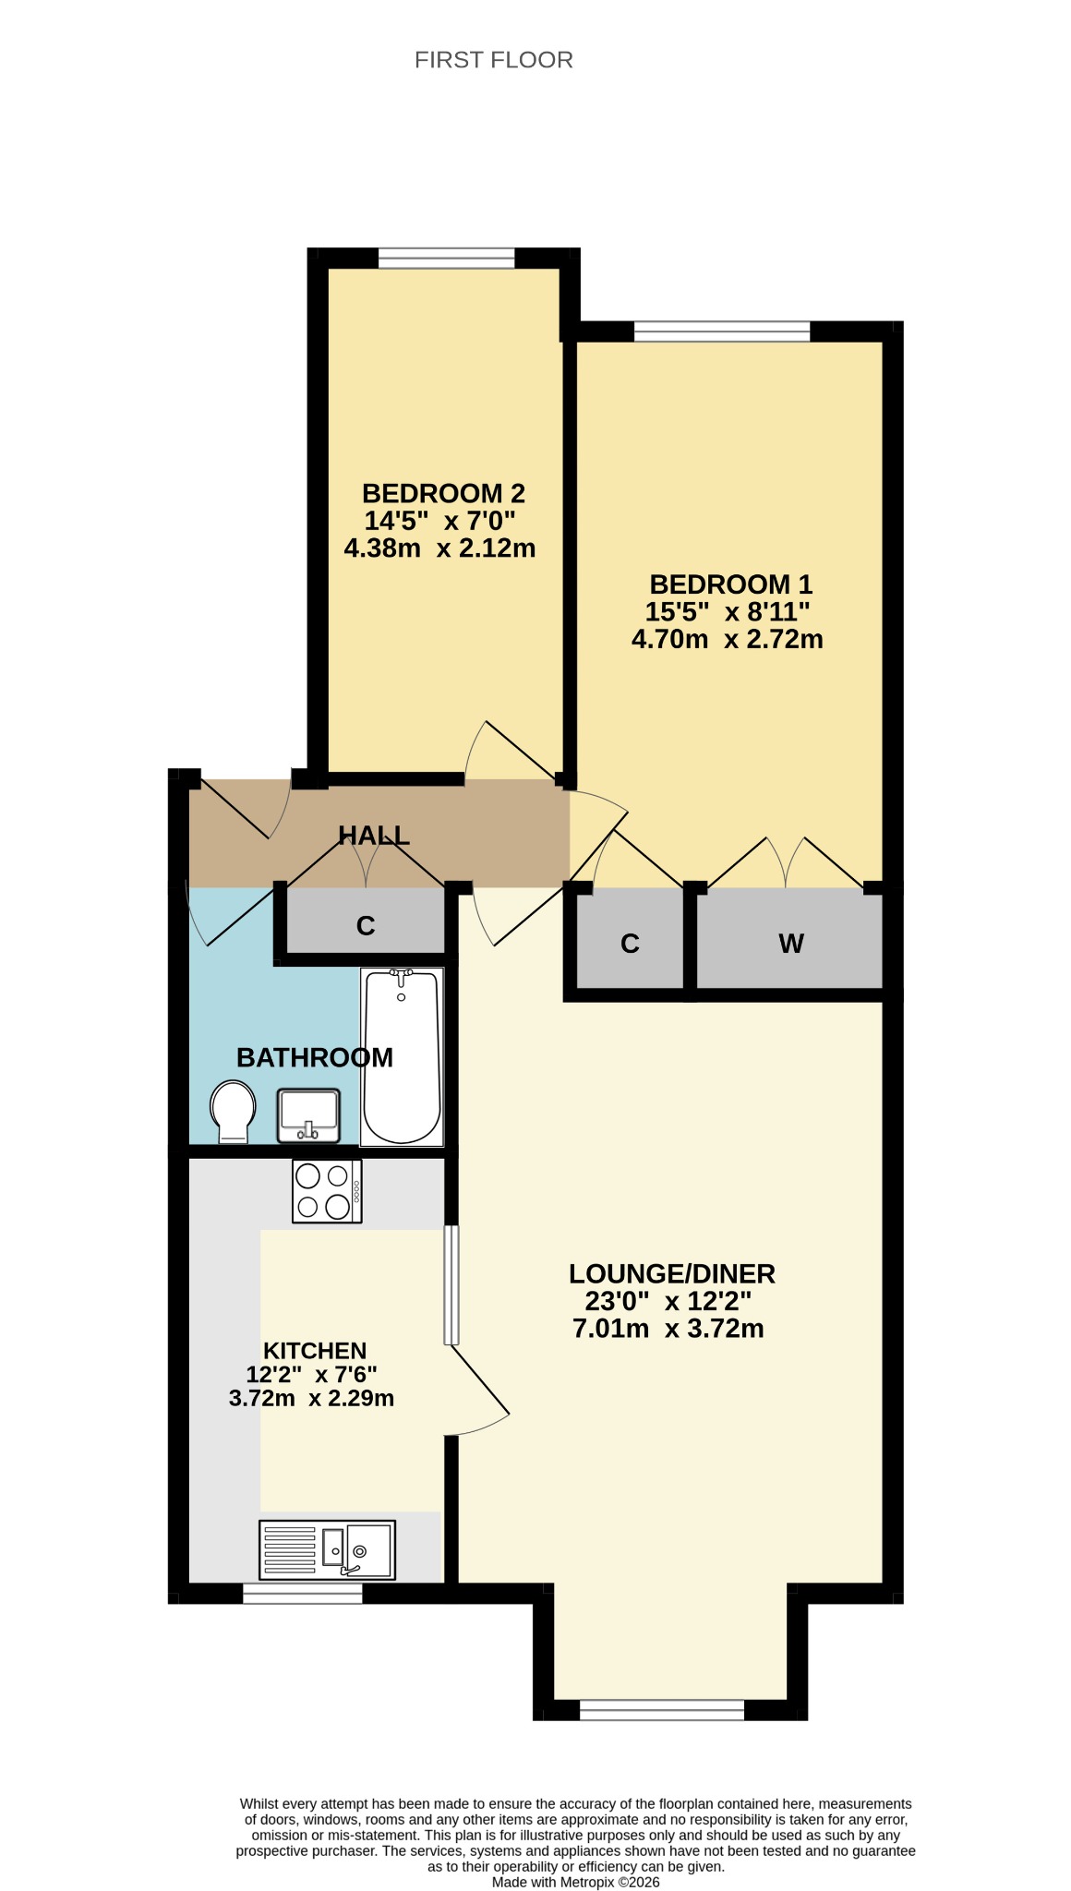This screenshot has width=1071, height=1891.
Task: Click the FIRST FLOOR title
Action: click(494, 60)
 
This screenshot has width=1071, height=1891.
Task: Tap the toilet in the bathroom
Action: click(233, 1113)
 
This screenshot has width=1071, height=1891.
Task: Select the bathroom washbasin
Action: click(308, 1115)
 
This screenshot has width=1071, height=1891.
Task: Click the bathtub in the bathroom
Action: click(402, 1056)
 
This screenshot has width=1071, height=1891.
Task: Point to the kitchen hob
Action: click(327, 1191)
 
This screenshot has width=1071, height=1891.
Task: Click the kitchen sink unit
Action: click(327, 1549)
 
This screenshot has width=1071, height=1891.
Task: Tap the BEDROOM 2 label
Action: click(443, 493)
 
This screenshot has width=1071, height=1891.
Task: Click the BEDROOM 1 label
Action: click(731, 584)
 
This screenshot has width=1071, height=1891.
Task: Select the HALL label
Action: click(374, 836)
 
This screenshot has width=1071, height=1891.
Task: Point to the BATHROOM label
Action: click(315, 1057)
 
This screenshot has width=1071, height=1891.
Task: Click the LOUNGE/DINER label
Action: click(672, 1274)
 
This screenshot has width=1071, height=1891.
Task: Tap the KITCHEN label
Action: click(315, 1351)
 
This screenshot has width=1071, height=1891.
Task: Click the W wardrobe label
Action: click(791, 944)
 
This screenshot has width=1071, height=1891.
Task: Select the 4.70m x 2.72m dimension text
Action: click(728, 639)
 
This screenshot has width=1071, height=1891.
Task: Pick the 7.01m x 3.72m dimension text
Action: click(668, 1329)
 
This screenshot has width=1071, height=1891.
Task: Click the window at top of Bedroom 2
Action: click(447, 258)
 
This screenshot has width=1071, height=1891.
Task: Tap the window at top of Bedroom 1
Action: click(722, 331)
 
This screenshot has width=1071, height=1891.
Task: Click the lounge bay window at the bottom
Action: click(662, 1710)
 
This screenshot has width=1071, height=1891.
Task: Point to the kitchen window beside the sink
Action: click(303, 1594)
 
